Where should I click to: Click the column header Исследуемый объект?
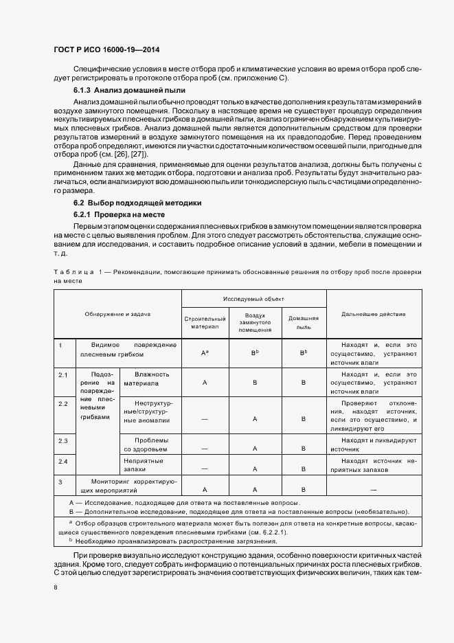click(253, 299)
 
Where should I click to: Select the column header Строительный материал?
click(205, 323)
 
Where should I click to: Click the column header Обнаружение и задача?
click(117, 314)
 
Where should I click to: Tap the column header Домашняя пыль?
click(303, 323)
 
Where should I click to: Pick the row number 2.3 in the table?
click(63, 440)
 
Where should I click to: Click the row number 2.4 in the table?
click(63, 461)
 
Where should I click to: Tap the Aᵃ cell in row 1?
click(205, 352)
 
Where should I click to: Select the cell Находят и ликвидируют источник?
click(373, 444)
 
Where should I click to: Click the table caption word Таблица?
click(73, 273)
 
